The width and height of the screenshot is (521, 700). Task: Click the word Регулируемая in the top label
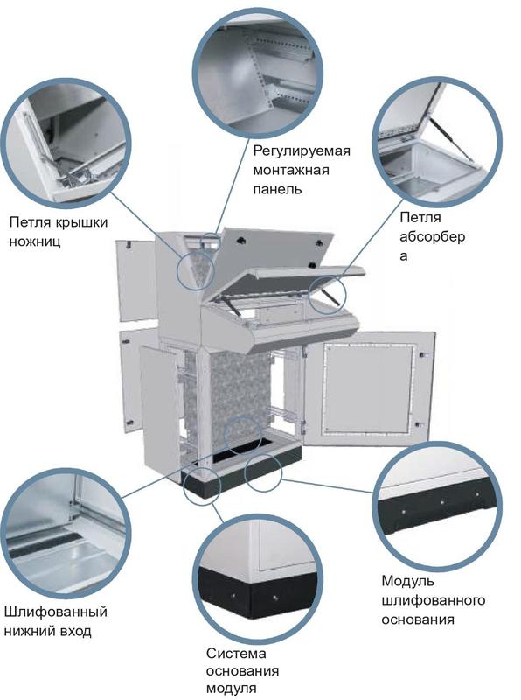[x=302, y=151]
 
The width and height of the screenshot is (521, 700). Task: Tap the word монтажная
[x=291, y=170]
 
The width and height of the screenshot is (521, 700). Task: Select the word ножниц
[x=35, y=241]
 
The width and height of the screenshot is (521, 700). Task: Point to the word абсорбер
[x=432, y=236]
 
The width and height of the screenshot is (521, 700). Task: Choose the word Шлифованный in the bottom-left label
[x=56, y=612]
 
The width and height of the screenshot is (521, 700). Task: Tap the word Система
[x=236, y=654]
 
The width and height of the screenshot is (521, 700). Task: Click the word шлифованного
[x=433, y=600]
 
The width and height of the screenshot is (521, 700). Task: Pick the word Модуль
[x=407, y=581]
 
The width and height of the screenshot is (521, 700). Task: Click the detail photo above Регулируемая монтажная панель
[x=257, y=73]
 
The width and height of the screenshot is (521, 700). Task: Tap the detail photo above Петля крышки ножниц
[x=66, y=143]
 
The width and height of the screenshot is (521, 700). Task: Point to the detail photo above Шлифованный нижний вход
[x=66, y=532]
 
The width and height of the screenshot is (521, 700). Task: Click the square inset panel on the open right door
[x=368, y=388]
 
